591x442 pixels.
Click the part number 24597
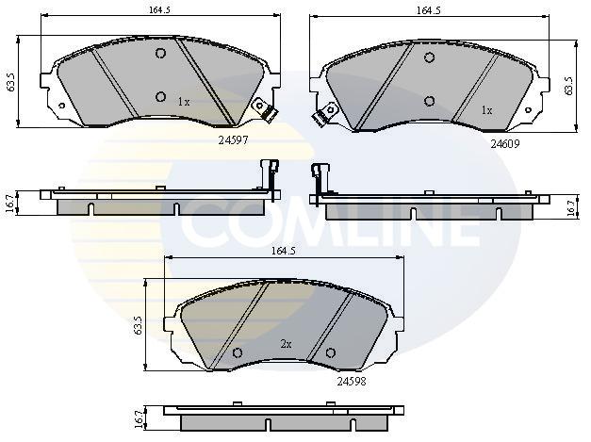click(234, 140)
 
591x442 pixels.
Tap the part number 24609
click(505, 143)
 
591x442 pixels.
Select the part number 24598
click(352, 382)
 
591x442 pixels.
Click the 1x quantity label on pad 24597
click(184, 102)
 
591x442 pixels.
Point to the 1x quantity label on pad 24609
click(486, 110)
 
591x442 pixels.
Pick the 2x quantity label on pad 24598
click(287, 344)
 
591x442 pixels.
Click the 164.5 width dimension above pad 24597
click(159, 10)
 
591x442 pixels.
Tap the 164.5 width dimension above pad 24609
click(429, 10)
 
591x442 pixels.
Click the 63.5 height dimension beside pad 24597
click(11, 82)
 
